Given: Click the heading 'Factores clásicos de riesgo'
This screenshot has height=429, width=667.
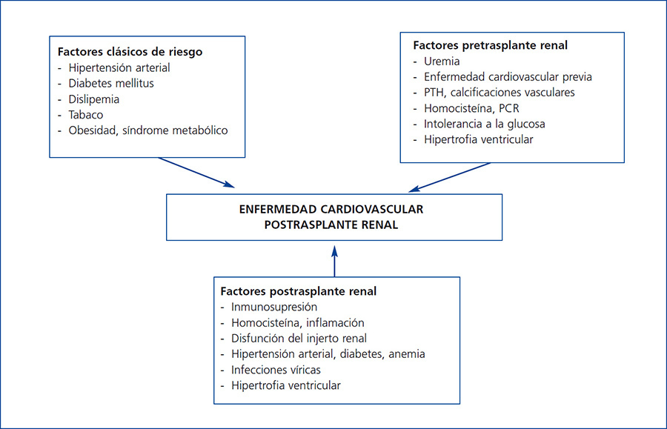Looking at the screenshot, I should tap(130, 53).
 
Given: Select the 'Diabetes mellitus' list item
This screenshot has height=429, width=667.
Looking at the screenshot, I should tap(111, 84).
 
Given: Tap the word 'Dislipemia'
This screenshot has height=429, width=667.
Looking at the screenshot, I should tap(94, 99).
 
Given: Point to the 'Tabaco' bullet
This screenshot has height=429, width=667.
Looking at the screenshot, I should tap(86, 115).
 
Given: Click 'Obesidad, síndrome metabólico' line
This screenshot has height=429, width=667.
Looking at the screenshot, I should tap(148, 130).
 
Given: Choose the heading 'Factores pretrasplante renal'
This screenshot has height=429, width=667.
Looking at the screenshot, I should tap(490, 45).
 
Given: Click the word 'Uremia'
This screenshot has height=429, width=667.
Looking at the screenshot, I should tap(442, 61).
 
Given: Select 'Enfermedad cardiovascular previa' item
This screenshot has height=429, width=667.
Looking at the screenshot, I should tap(508, 76).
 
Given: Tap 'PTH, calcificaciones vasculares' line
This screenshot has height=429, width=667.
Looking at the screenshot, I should tap(500, 92).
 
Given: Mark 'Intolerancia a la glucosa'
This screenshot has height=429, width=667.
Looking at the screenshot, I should tap(485, 124).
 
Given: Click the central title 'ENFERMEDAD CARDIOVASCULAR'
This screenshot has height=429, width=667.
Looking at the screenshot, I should tap(333, 210).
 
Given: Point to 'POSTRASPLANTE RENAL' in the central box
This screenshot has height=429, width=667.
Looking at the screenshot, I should tap(333, 225).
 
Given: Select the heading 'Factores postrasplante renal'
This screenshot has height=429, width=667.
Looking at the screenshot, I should tap(298, 291).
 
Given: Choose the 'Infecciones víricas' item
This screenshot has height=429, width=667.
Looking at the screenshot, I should tap(276, 369).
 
